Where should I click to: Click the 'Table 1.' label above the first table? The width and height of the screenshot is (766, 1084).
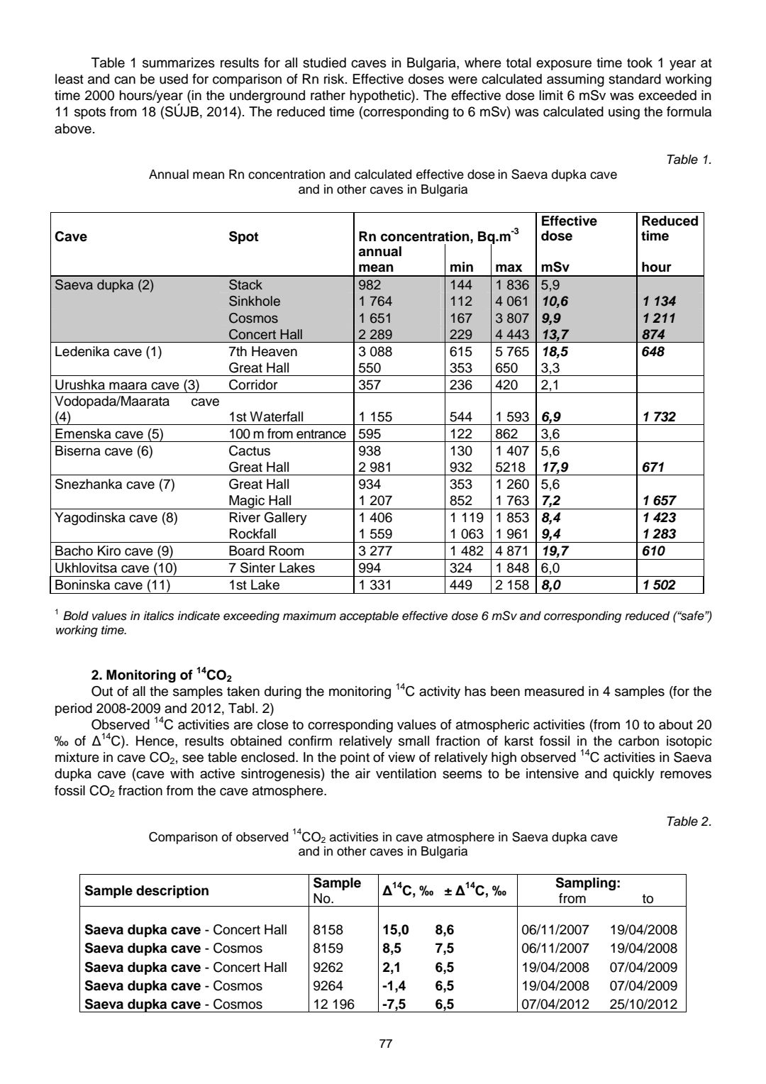tap(689, 160)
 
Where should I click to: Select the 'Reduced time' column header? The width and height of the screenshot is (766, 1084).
tap(670, 228)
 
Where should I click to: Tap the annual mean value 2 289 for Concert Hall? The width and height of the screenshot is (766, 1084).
tap(376, 335)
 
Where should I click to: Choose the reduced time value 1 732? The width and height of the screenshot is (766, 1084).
tap(658, 417)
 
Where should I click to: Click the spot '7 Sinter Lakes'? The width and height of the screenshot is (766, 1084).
tap(272, 568)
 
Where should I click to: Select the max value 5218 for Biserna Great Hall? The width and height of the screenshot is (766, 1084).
tap(511, 468)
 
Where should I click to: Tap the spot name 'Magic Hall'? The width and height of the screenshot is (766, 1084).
tap(260, 501)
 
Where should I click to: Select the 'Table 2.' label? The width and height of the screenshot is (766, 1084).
tap(689, 822)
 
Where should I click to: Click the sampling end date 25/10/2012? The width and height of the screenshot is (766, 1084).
tap(643, 1005)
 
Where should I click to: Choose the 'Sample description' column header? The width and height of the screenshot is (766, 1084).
tap(147, 891)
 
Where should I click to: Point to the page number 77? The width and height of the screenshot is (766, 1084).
tap(386, 1044)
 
